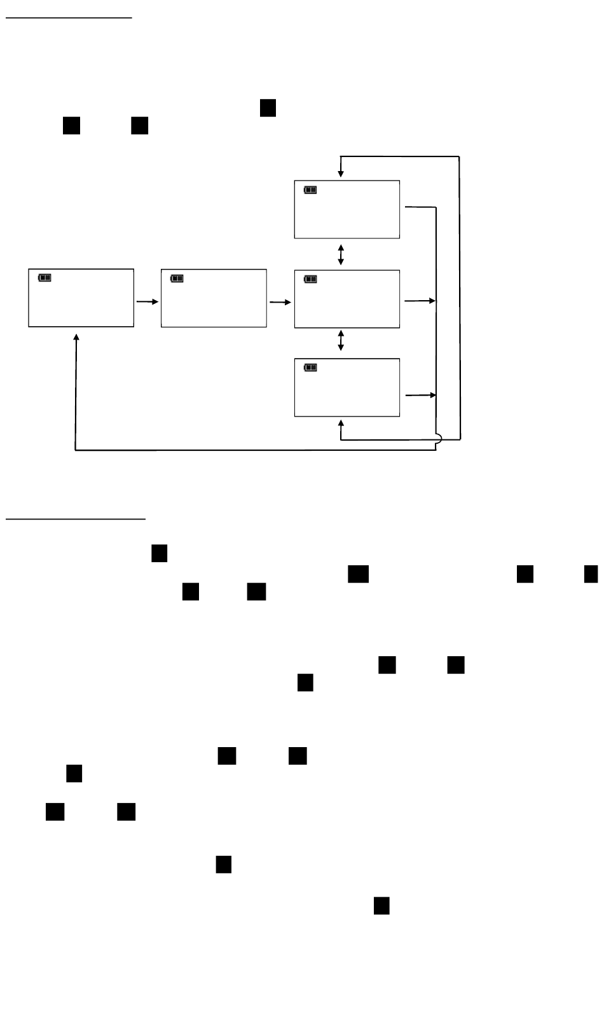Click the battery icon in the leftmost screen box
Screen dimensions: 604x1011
click(x=45, y=278)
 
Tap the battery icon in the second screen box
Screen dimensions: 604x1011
click(x=177, y=278)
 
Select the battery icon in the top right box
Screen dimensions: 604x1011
click(x=310, y=189)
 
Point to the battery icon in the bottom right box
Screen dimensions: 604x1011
click(x=310, y=368)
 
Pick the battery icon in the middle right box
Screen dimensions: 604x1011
click(x=310, y=279)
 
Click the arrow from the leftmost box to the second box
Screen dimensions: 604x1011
click(x=147, y=302)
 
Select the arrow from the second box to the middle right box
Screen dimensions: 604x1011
click(x=280, y=302)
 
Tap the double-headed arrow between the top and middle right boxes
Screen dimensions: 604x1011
click(x=341, y=254)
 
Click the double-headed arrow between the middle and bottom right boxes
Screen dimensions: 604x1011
click(x=341, y=340)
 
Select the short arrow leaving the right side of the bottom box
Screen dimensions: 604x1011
click(x=420, y=395)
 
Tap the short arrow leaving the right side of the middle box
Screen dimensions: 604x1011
click(x=420, y=301)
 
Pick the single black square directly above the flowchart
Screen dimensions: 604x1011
click(x=268, y=108)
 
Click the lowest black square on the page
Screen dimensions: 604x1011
click(x=381, y=905)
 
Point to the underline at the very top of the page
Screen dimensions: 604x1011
click(x=69, y=18)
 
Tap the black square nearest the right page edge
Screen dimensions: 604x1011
click(x=591, y=574)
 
